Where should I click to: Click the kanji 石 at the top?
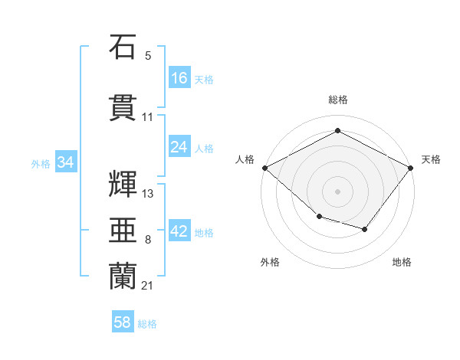123,47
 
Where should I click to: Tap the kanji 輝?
123,184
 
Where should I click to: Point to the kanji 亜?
123,230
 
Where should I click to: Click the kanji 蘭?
123,277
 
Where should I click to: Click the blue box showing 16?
179,77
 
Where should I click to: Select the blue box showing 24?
179,146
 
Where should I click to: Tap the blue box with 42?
179,230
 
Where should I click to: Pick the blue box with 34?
66,162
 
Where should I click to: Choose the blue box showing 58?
123,321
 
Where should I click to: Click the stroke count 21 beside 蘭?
147,286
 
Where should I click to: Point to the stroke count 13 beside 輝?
147,194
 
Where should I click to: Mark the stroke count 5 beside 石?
148,56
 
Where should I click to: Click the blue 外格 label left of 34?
41,164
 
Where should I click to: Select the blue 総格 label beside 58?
147,324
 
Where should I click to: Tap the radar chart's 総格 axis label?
338,100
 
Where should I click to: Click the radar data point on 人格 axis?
265,168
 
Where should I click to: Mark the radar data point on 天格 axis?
410,168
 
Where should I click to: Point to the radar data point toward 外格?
320,217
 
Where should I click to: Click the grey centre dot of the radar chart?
337,191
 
